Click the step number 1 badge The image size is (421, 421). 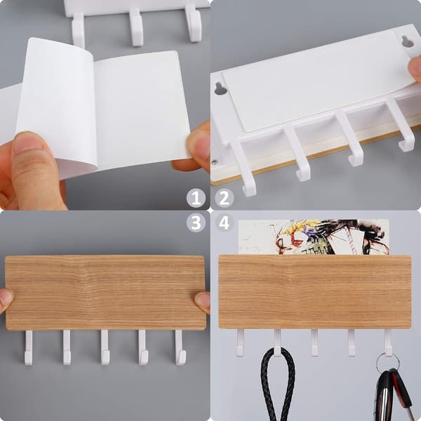(x=196, y=199)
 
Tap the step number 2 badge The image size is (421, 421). (x=225, y=199)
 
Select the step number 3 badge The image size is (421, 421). (x=196, y=222)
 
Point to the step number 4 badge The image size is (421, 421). (x=225, y=222)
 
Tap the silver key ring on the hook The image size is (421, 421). (x=387, y=361)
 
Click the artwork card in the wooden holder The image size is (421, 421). (x=314, y=237)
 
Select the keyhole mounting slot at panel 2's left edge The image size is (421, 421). (x=221, y=89)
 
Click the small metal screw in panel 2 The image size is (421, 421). (x=214, y=162)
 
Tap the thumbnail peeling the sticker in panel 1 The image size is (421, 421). (x=28, y=142)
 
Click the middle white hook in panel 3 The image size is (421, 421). (x=105, y=347)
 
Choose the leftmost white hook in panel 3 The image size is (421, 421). (x=29, y=348)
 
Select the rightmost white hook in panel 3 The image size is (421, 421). (x=180, y=347)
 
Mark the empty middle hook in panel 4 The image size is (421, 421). (x=314, y=343)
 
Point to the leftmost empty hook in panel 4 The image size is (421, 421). (x=240, y=343)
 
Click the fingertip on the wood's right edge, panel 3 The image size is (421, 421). (x=202, y=302)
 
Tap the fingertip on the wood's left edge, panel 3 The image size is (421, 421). (x=6, y=301)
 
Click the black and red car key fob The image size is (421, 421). (x=394, y=394)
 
